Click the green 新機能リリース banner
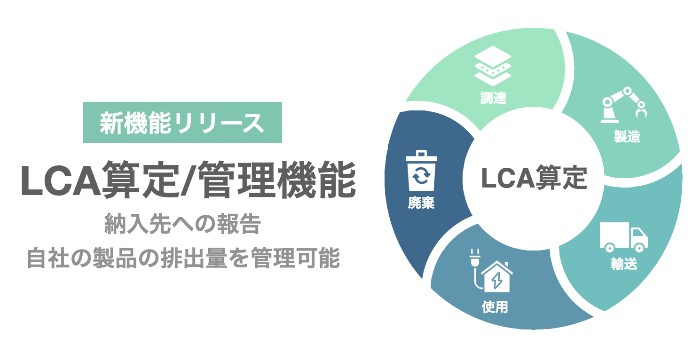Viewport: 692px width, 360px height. click(182, 122)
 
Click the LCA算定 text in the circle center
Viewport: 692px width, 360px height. click(534, 179)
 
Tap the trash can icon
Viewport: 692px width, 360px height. click(421, 171)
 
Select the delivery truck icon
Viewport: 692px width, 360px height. click(623, 237)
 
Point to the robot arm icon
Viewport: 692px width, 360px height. click(624, 105)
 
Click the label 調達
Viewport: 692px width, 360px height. click(494, 99)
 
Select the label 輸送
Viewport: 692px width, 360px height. click(624, 264)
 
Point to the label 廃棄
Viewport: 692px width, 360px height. click(421, 203)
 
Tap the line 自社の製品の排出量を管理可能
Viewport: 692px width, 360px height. click(183, 258)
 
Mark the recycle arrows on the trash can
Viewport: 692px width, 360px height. click(421, 177)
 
